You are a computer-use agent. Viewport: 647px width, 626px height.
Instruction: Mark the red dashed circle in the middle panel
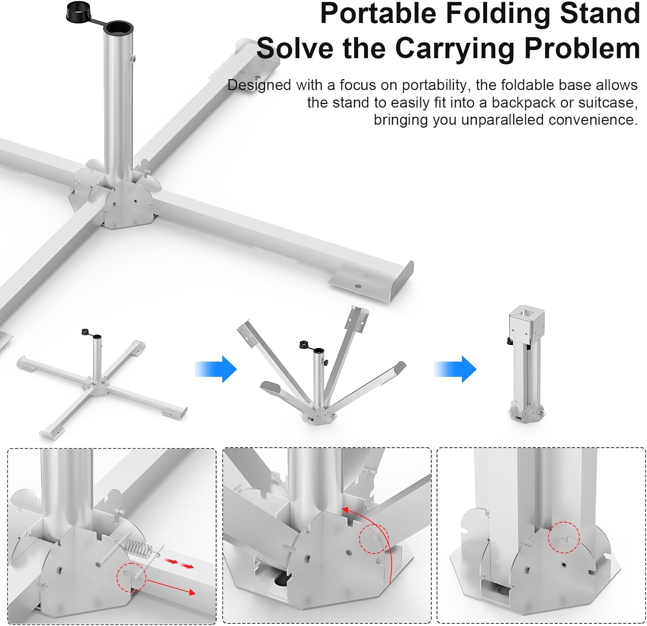click(x=374, y=538)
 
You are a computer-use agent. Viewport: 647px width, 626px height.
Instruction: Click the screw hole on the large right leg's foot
click(x=358, y=286)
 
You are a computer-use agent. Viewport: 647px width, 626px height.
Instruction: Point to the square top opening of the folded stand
click(x=526, y=312)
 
